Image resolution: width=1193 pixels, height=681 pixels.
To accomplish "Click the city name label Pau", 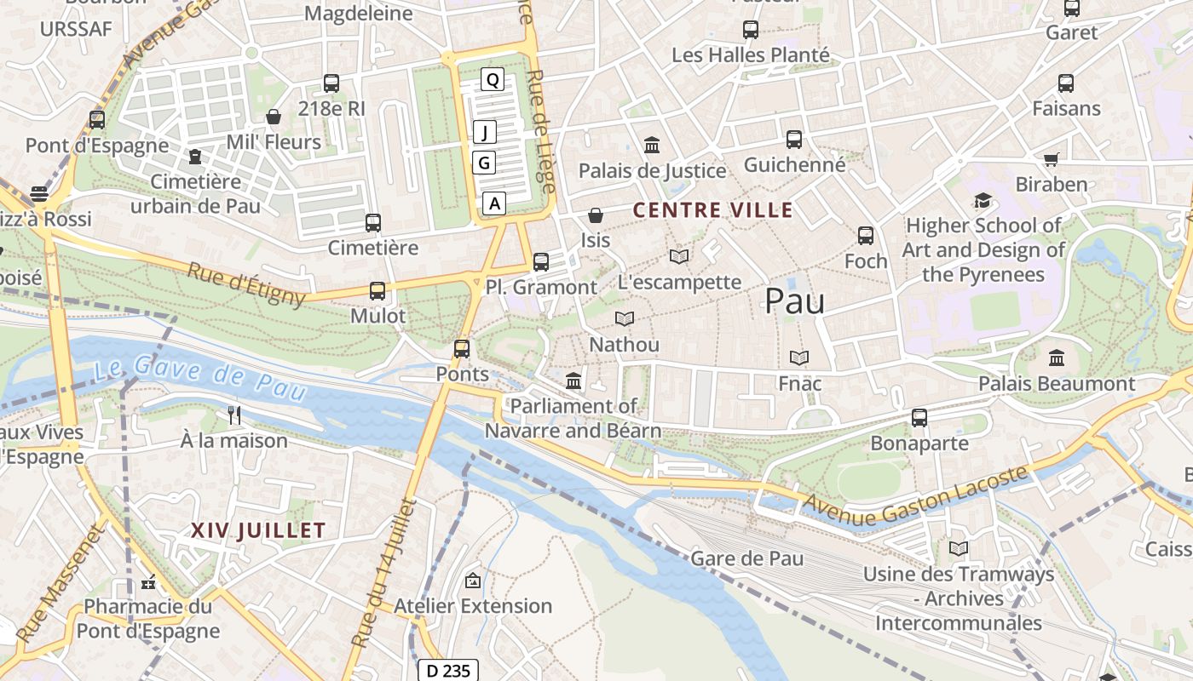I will tap(794, 301).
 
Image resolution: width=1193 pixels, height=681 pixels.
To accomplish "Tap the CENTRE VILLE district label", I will tap(712, 210).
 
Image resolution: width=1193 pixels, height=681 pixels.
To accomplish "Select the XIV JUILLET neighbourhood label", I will tap(258, 531).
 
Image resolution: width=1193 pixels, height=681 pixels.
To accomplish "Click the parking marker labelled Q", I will tap(493, 80).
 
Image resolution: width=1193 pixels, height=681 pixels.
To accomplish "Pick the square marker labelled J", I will tap(485, 132).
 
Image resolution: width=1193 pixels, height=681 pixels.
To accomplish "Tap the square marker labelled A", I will tap(494, 203).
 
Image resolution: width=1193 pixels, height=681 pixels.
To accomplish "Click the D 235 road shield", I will tap(447, 671).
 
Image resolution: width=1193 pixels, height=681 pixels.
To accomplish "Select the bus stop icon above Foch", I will tap(866, 236).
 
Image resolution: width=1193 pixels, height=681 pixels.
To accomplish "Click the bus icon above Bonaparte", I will tap(919, 418).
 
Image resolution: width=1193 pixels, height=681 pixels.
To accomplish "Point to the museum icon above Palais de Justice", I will tap(652, 145).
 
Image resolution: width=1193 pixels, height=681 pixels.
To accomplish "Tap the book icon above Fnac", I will tap(799, 358).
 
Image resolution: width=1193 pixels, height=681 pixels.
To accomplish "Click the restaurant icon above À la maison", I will tap(234, 415).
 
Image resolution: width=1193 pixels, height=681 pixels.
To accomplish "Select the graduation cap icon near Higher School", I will tap(983, 201).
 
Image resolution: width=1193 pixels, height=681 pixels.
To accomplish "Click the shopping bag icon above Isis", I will tap(596, 215).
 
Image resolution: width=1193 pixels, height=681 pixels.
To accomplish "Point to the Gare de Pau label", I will tap(746, 558).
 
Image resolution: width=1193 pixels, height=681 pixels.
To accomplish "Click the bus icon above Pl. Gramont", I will tap(541, 262).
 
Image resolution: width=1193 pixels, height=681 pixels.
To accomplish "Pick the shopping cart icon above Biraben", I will tap(1052, 159).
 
